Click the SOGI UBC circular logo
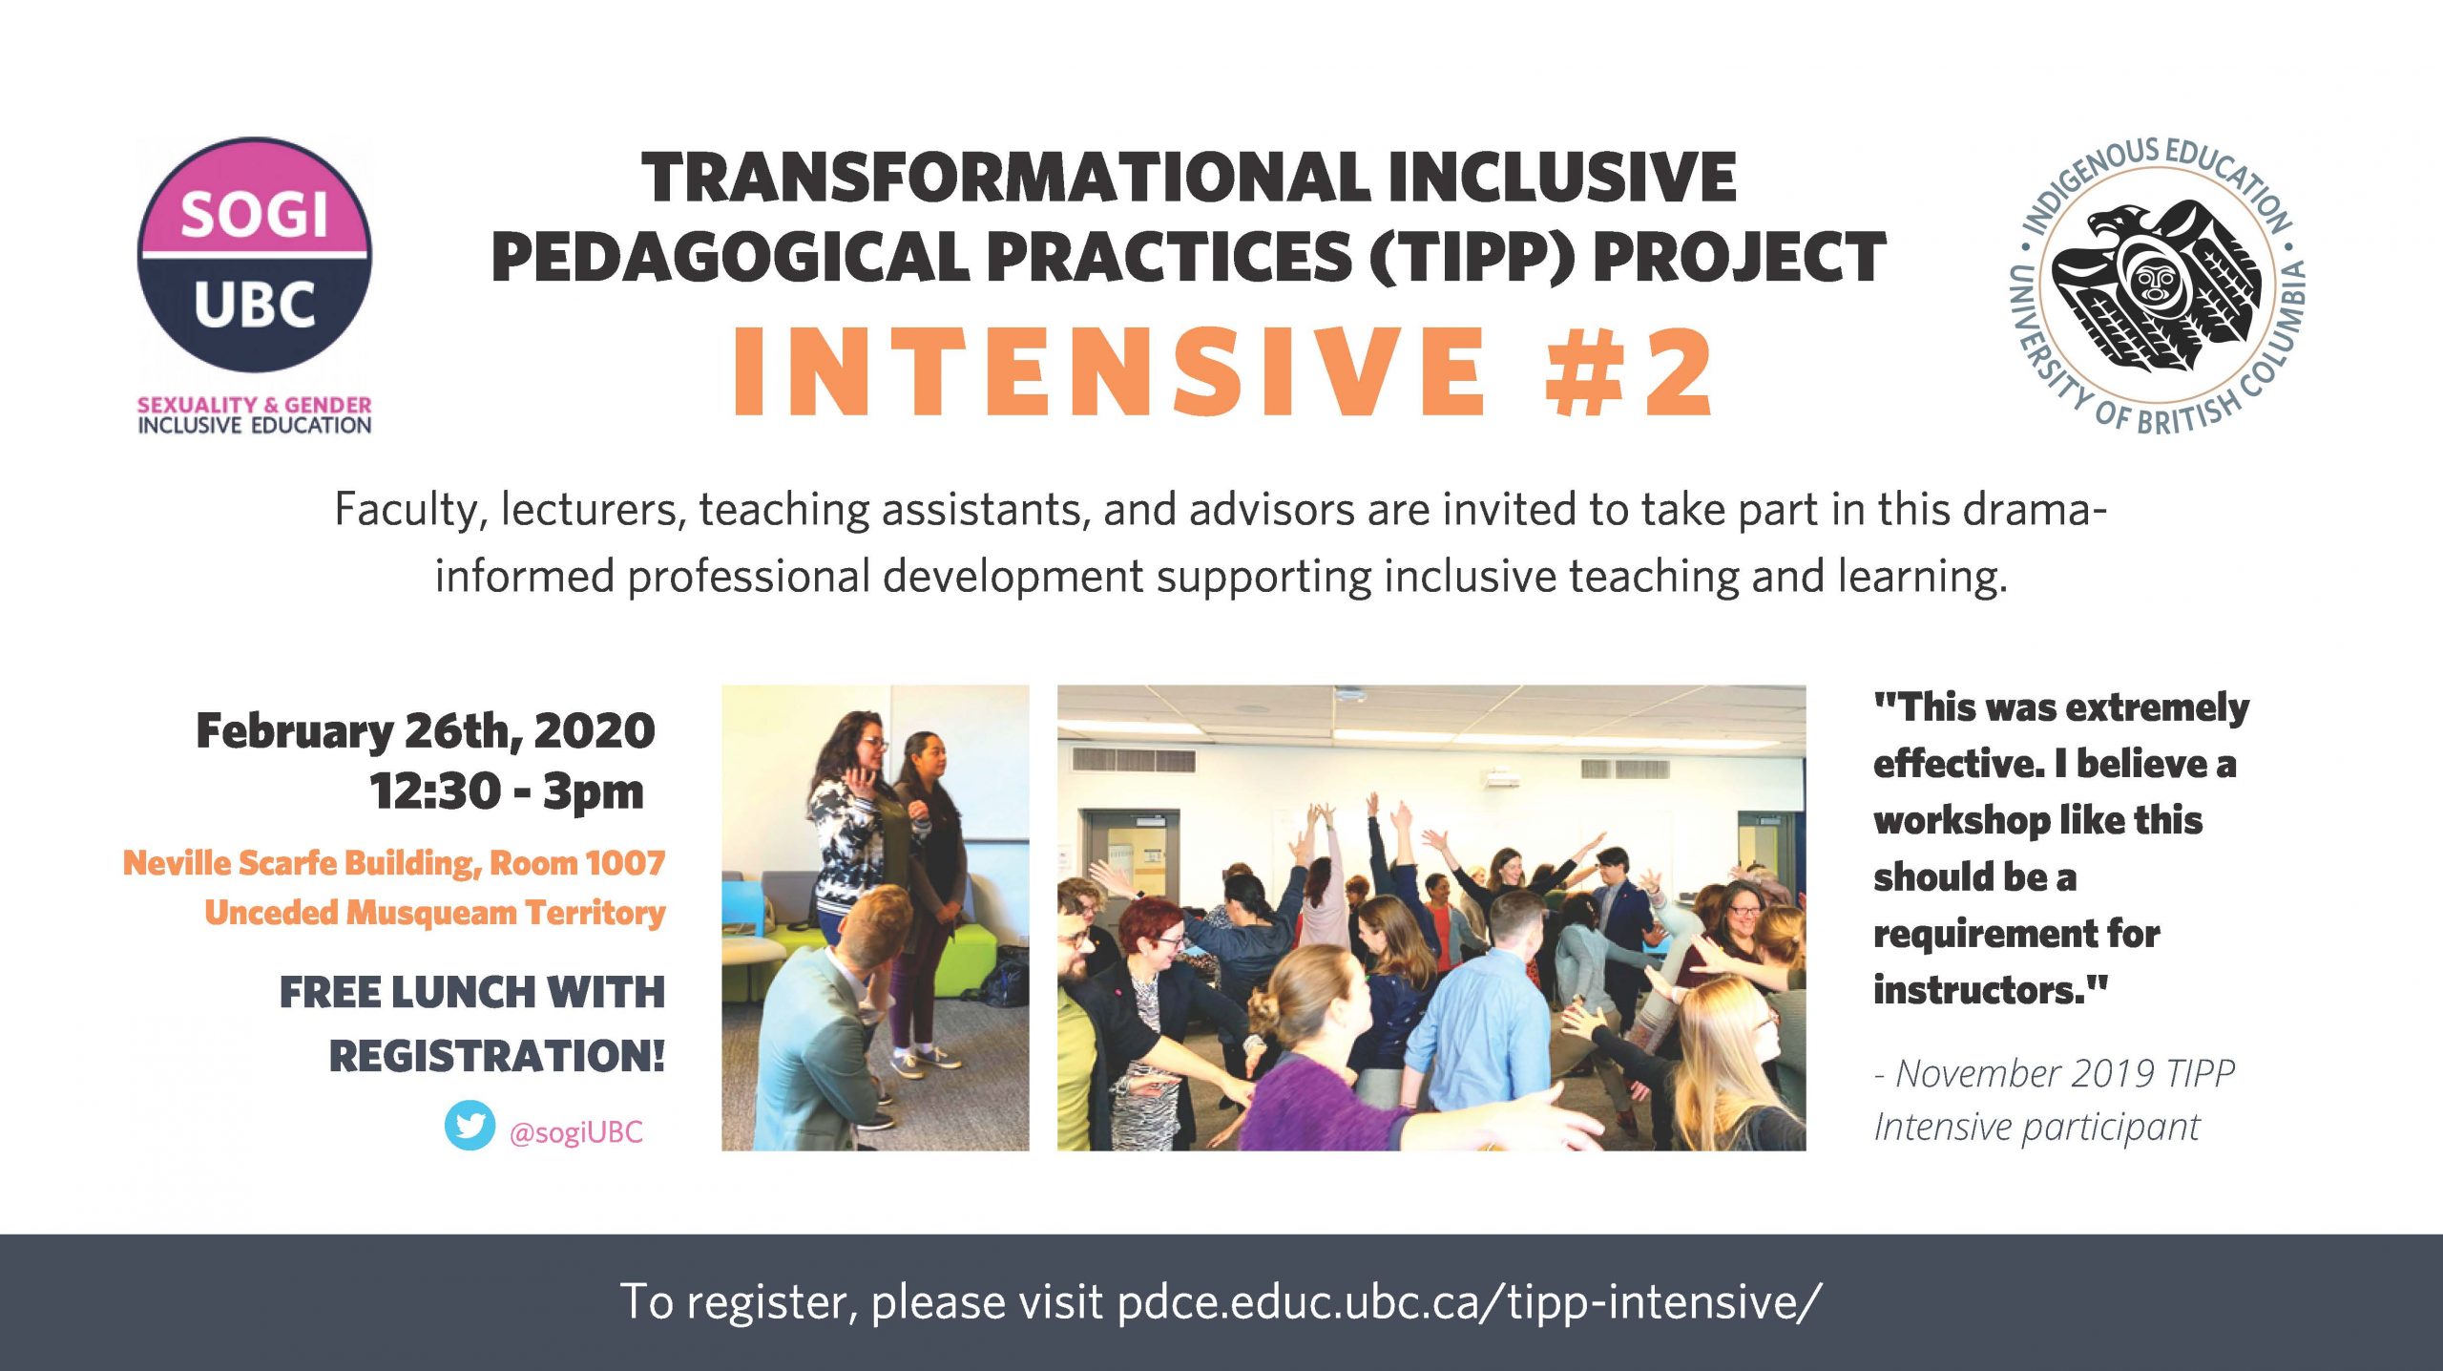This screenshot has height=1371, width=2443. coord(254,255)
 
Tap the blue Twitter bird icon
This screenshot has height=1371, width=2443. coord(470,1126)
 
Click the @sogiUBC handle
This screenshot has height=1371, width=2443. coord(576,1132)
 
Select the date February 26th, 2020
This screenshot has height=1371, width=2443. coord(426,732)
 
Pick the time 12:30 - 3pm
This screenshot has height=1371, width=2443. coord(507,791)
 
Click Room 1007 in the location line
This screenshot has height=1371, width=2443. coord(577,863)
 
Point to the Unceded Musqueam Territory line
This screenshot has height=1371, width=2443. coord(435,914)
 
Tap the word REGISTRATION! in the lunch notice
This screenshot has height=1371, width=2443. coord(497,1056)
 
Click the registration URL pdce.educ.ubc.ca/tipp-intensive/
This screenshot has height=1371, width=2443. coord(1470,1301)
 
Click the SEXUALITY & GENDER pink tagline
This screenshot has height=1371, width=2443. coord(255,405)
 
